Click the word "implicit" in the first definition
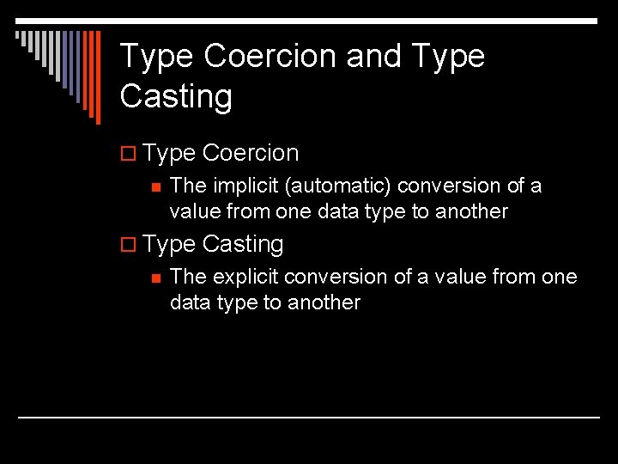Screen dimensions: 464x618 [x=234, y=186]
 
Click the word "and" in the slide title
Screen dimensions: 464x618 [x=374, y=57]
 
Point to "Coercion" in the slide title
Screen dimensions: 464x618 [x=271, y=57]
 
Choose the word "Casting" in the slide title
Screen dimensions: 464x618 [x=176, y=96]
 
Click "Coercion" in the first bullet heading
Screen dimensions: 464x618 [x=251, y=154]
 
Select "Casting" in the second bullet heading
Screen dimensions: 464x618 [x=243, y=245]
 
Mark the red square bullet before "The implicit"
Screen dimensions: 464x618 [x=155, y=186]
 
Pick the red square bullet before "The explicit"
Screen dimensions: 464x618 [x=155, y=278]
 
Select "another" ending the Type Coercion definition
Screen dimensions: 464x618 [x=472, y=211]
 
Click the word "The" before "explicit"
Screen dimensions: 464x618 [x=188, y=278]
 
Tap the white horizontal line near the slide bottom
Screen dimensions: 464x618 [x=309, y=418]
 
